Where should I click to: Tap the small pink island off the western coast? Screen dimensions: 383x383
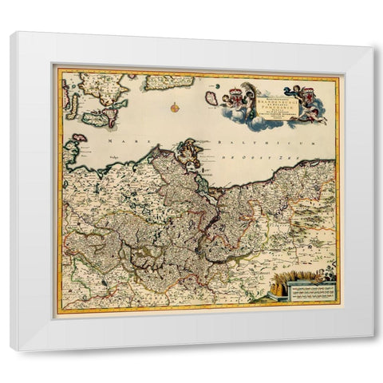tap(73, 146)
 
